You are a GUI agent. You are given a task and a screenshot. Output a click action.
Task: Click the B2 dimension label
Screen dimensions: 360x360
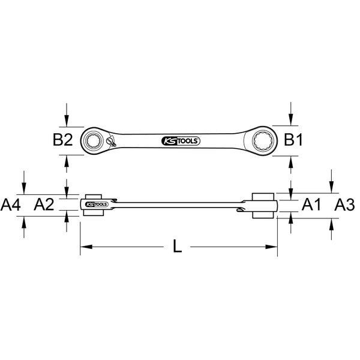(x=62, y=140)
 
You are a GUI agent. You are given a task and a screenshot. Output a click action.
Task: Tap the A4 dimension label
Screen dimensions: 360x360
(x=11, y=205)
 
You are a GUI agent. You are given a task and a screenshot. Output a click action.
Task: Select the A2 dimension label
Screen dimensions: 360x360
(x=44, y=205)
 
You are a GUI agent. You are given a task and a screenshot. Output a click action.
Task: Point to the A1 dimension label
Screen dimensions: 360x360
(x=311, y=205)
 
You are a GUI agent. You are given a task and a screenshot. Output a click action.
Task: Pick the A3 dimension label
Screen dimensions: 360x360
(x=344, y=205)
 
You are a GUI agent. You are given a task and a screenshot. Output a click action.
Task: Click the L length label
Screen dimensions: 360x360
(x=177, y=246)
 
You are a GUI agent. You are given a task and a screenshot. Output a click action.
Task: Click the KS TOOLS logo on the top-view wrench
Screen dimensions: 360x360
(x=181, y=141)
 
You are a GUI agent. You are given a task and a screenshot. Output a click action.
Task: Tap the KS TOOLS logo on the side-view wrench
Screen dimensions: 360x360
(x=95, y=205)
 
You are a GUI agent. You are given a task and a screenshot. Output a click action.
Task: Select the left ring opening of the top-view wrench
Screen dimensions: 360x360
(x=94, y=140)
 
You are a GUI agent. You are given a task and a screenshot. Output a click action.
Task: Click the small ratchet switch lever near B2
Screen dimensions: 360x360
(x=111, y=142)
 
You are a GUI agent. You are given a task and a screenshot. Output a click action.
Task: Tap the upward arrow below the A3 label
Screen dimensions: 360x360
(x=332, y=224)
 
